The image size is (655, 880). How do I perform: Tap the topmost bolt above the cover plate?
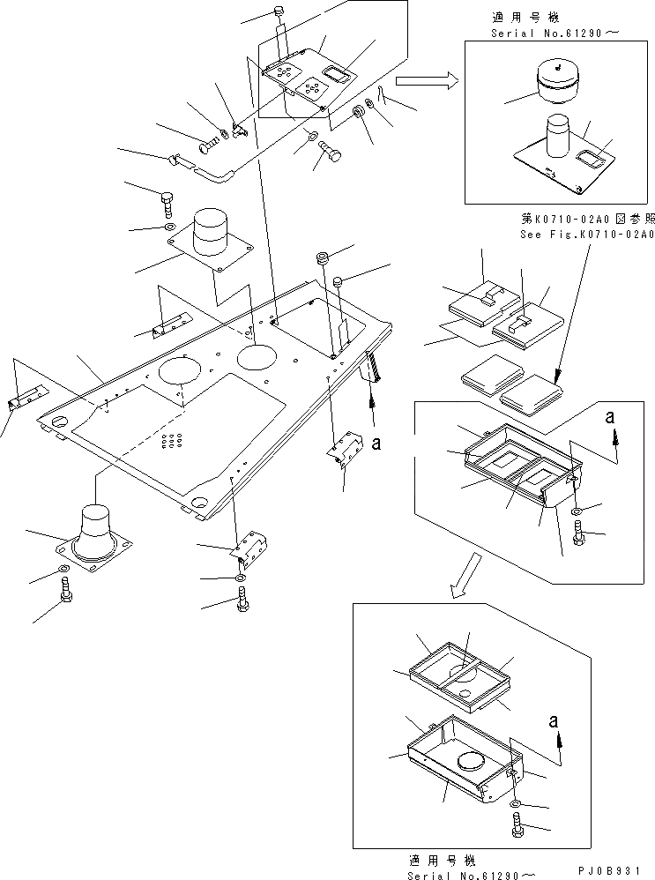(x=279, y=15)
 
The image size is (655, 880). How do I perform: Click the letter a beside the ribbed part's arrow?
(x=376, y=444)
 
